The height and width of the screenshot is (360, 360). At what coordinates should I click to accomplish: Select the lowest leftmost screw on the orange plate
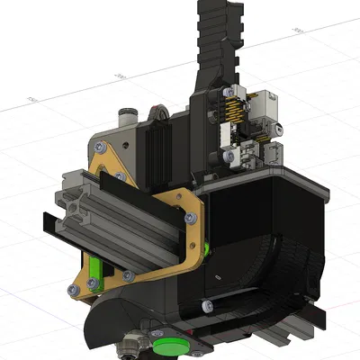click(72, 288)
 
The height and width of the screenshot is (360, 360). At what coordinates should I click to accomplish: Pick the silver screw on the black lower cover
click(209, 307)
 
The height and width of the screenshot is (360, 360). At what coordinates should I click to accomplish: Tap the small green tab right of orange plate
click(208, 248)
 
